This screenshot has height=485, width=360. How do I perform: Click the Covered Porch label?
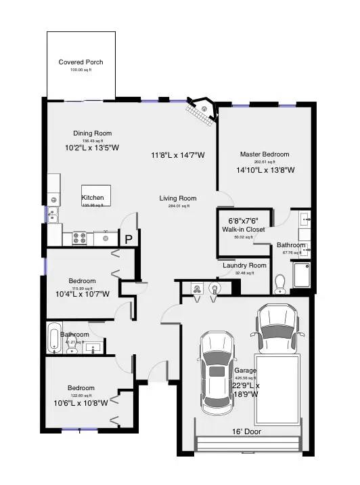tap(81, 62)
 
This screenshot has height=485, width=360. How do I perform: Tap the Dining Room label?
tap(93, 133)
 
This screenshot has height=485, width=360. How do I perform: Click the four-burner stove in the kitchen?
tap(78, 238)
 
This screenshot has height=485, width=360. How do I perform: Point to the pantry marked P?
tap(128, 238)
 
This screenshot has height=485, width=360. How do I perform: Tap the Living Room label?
tap(178, 198)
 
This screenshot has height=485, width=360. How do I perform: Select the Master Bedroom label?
tap(264, 154)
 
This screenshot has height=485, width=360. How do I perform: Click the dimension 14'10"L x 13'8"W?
tap(265, 170)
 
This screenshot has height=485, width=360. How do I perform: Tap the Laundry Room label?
tap(244, 266)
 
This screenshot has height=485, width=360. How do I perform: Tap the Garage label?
tap(246, 371)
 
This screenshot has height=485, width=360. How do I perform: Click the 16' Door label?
tap(246, 431)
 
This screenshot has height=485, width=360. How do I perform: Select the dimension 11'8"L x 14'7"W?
tap(178, 155)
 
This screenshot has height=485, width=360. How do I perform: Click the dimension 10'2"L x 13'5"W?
tap(92, 147)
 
